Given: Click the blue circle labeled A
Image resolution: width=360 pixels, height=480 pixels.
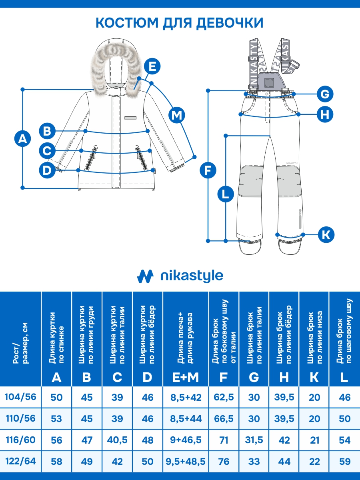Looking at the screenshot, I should (22, 139).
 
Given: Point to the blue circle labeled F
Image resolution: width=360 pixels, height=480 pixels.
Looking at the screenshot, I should (207, 170).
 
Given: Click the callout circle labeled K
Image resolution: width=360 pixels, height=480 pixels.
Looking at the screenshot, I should (326, 234).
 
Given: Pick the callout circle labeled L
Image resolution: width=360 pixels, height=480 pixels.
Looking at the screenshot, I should (225, 195).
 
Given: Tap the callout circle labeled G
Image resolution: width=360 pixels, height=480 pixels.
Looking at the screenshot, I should (325, 94).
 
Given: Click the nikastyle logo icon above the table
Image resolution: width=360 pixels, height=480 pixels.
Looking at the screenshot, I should (145, 276).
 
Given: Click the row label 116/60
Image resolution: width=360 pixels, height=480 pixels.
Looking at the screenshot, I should (20, 440).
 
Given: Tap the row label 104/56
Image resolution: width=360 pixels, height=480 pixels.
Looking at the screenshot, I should (20, 397).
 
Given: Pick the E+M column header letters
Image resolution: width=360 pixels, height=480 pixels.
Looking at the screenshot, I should (186, 377).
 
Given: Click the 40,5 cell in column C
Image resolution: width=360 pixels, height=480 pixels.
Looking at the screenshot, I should (117, 440).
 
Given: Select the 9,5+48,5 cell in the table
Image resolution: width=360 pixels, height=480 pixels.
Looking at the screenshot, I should (186, 462).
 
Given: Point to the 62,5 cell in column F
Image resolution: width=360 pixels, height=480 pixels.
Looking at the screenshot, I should (224, 397).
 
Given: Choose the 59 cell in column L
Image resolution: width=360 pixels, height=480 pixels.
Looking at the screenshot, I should (344, 462).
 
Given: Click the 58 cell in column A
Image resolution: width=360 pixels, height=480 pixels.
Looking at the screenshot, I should (56, 462).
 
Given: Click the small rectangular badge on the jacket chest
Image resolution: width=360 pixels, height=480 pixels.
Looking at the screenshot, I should (130, 118).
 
